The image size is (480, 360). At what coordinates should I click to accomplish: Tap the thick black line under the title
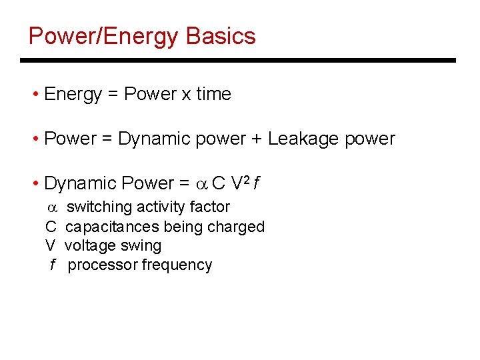tap(238, 61)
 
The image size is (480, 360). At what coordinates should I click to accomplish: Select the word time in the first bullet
tap(213, 95)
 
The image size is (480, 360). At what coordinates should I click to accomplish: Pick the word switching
tap(97, 207)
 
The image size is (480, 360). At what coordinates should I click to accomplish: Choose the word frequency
tap(177, 265)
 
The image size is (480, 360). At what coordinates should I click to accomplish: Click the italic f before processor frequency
tap(52, 265)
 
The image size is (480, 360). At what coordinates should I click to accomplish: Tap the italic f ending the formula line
tap(257, 183)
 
